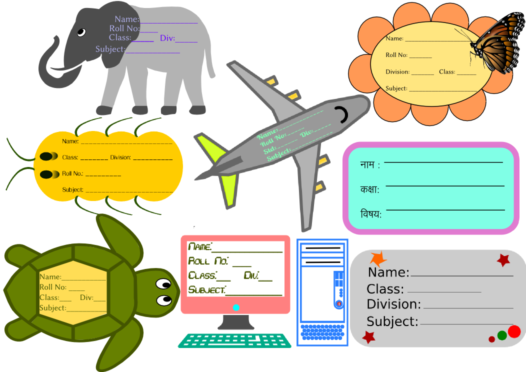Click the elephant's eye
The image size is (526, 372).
click(x=81, y=32)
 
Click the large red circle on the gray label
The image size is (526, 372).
click(x=514, y=331)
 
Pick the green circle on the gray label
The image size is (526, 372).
click(x=502, y=335)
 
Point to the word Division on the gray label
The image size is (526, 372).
click(x=393, y=304)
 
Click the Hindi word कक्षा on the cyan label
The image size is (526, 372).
click(x=369, y=190)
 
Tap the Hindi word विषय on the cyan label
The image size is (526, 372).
click(x=370, y=214)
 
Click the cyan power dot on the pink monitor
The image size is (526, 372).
click(x=236, y=307)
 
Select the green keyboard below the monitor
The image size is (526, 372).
click(x=234, y=340)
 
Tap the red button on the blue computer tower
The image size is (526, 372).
click(x=338, y=303)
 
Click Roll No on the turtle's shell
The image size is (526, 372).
click(x=52, y=287)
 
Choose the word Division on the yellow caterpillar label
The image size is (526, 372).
click(x=120, y=157)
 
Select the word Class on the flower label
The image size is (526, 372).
click(x=446, y=72)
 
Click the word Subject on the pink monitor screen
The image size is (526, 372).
click(x=206, y=289)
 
